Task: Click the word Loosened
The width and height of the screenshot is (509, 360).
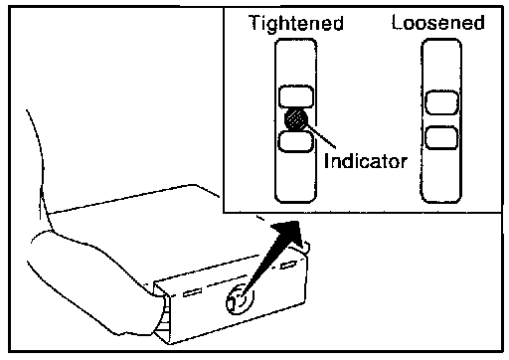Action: [438, 23]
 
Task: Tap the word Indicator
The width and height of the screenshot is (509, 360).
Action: [366, 161]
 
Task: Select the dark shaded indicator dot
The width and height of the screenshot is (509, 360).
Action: [296, 119]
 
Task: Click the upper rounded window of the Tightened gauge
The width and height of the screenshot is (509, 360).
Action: [296, 96]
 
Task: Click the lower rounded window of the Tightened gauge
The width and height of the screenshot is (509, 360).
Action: [295, 141]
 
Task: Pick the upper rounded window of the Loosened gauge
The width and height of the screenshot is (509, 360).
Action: [441, 103]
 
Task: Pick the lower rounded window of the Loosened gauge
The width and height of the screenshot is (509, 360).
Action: [441, 137]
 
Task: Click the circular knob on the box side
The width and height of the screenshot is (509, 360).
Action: [240, 299]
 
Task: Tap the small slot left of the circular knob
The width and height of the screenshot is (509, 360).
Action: [192, 292]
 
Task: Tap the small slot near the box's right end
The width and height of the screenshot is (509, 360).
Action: [288, 265]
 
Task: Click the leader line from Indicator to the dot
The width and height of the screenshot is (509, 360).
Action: [321, 136]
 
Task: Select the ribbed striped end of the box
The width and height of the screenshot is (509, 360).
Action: [163, 314]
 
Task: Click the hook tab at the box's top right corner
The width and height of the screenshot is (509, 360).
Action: [304, 246]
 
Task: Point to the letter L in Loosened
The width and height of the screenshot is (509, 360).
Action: [397, 22]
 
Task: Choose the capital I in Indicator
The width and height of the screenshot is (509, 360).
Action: [326, 161]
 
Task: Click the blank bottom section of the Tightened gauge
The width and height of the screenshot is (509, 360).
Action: [295, 176]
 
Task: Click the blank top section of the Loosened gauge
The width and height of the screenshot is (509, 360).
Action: [441, 65]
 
